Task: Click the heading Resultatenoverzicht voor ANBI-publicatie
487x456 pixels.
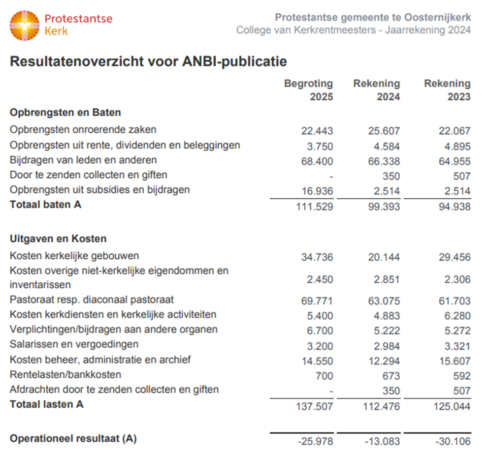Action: tap(148, 62)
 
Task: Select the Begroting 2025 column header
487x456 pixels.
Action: tap(308, 90)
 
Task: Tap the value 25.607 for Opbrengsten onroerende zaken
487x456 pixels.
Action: tap(384, 131)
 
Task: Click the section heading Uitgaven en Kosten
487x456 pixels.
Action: tap(58, 239)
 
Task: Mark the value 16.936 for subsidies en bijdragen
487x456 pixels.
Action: tap(317, 191)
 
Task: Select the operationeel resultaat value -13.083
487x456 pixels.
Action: tap(382, 442)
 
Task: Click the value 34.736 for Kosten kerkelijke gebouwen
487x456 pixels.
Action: tap(317, 257)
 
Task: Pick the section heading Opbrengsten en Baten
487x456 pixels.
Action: tap(65, 113)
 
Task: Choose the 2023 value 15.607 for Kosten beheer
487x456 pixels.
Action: tap(455, 361)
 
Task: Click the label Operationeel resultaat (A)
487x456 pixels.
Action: tap(73, 439)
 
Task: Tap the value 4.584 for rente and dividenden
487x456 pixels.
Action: tap(387, 147)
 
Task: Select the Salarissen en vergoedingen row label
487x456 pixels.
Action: tap(74, 344)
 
